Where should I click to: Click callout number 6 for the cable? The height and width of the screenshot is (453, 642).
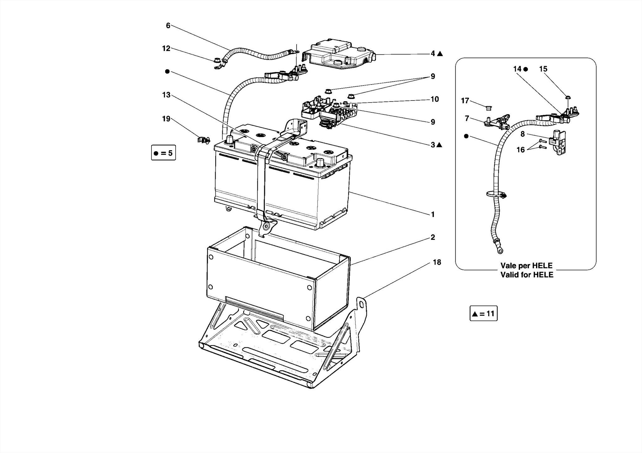pos(168,26)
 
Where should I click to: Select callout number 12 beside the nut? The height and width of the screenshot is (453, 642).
pos(166,49)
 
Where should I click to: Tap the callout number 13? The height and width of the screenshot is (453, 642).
pos(166,95)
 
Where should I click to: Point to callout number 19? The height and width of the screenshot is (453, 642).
pos(166,119)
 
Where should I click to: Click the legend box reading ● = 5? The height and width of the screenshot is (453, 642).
pos(163,153)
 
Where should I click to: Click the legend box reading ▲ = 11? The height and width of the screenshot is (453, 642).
pos(483,314)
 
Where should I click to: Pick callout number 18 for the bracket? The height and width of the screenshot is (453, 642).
pos(437,262)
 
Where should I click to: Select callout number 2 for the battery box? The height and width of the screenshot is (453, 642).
pos(433,237)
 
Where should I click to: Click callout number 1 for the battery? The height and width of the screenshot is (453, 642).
pos(433,215)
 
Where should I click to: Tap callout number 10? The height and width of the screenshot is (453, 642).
pos(434,99)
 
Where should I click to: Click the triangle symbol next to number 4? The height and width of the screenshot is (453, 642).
pos(440,54)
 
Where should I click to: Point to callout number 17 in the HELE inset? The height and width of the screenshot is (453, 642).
pos(465,101)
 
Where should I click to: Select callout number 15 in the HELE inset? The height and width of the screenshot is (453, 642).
pos(543,69)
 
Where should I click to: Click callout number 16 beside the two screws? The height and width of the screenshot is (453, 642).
pos(520,150)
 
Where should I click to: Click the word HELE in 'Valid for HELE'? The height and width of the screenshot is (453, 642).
pos(543,275)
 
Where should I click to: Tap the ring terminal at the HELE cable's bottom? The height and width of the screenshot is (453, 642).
pos(499,250)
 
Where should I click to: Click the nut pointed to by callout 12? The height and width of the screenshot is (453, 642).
pos(216,60)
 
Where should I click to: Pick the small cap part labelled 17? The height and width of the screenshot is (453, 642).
pos(488,108)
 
